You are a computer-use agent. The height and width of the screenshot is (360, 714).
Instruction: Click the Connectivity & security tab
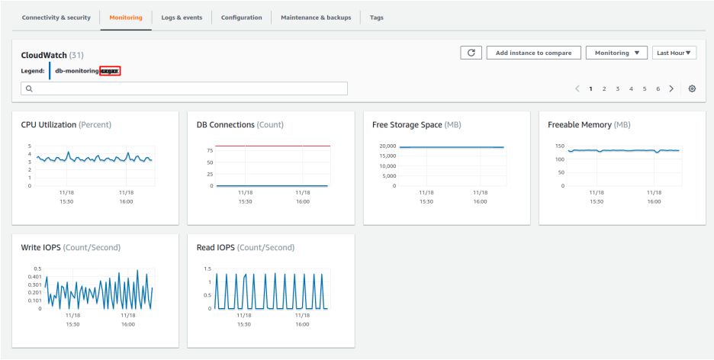point(56,18)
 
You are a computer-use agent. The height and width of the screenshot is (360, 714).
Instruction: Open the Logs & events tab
point(182,18)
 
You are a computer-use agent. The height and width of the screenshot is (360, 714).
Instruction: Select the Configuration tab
point(241,18)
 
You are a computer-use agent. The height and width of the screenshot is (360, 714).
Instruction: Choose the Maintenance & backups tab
point(316,18)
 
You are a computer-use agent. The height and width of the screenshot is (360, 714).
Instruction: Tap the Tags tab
point(377,18)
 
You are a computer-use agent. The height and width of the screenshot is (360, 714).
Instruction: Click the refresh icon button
point(471,53)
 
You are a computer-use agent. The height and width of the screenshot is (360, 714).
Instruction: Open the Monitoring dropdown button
point(616,53)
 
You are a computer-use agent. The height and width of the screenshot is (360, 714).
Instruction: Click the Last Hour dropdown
point(675,53)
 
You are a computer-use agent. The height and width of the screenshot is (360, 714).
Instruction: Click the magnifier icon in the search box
point(29,88)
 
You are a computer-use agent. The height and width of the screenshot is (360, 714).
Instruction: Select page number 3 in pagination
point(617,88)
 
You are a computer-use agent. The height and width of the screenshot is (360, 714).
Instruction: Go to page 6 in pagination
point(658,88)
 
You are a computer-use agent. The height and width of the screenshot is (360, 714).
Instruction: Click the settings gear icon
point(692,88)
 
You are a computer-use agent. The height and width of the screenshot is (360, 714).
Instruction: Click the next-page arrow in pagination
point(671,88)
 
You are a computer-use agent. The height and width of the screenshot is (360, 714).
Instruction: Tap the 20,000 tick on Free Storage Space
point(388,146)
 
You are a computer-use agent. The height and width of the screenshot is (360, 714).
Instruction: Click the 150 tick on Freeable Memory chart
point(559,146)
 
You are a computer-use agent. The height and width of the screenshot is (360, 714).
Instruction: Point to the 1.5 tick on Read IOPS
point(206,268)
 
